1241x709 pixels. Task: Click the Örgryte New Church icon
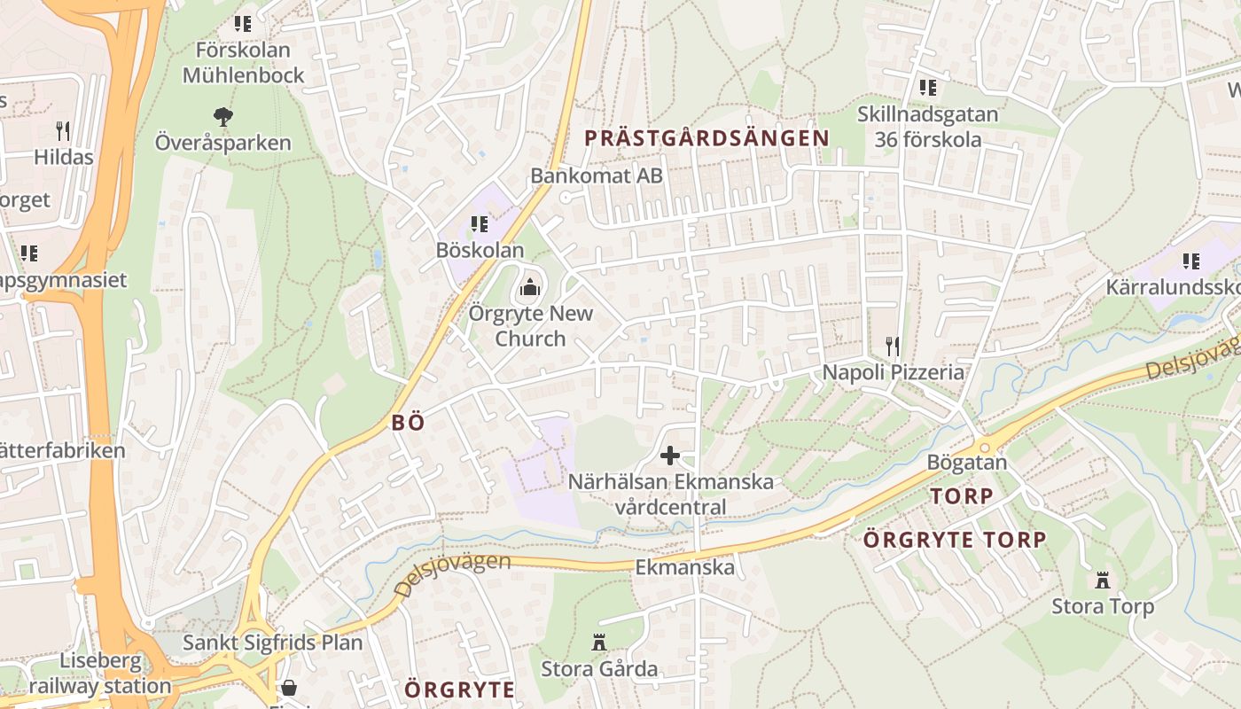pos(530,286)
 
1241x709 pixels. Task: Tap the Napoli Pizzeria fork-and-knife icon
pos(893,346)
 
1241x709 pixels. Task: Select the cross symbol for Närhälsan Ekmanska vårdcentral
pos(670,456)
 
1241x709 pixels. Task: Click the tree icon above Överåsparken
pos(222,115)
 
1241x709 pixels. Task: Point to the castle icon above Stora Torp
pos(1103,580)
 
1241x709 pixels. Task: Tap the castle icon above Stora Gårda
pos(599,642)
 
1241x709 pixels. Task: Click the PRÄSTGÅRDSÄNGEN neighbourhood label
pos(706,137)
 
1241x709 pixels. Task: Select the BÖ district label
pos(408,423)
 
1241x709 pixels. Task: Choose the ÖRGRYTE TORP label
pos(955,539)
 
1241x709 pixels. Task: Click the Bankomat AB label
pos(596,175)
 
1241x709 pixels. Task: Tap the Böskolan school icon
pos(480,224)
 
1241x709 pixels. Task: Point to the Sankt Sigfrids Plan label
pos(272,642)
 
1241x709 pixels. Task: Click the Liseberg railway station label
pos(100,674)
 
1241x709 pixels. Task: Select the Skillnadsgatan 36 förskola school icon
pos(927,88)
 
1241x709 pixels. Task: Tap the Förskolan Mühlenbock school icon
pos(242,24)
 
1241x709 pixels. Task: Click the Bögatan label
pos(966,462)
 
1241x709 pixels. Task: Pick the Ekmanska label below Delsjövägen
pos(684,567)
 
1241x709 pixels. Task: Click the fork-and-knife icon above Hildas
pos(63,131)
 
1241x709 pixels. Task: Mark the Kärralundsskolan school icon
pos(1190,261)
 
